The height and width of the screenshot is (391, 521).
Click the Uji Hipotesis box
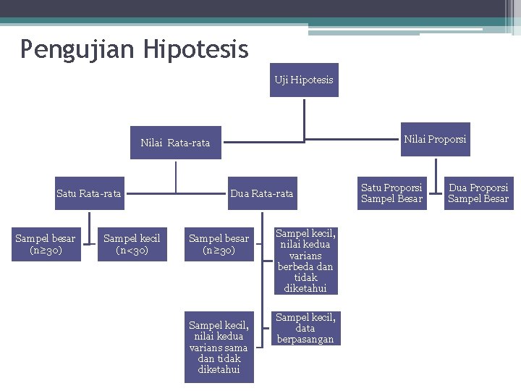[x=304, y=80]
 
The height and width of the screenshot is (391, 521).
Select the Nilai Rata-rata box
[x=175, y=143]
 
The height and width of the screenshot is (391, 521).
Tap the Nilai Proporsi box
[x=435, y=139]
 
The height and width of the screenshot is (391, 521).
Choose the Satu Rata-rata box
[x=89, y=193]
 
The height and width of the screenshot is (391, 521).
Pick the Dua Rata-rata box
[x=261, y=193]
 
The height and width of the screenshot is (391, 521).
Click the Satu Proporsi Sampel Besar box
[x=391, y=193]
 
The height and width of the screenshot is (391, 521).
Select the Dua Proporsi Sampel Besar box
[x=478, y=193]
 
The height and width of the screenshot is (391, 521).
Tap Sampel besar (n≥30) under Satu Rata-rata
[x=45, y=244]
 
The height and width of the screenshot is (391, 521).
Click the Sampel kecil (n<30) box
[x=132, y=244]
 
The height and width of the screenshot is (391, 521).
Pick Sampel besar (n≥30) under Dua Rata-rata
[x=219, y=244]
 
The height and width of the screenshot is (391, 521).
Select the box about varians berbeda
[x=305, y=261]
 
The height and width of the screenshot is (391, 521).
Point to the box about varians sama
[x=219, y=348]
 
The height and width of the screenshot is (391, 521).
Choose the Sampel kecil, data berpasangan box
[x=305, y=328]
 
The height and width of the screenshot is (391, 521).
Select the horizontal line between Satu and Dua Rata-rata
[x=176, y=193]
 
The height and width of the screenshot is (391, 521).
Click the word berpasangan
[x=305, y=339]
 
